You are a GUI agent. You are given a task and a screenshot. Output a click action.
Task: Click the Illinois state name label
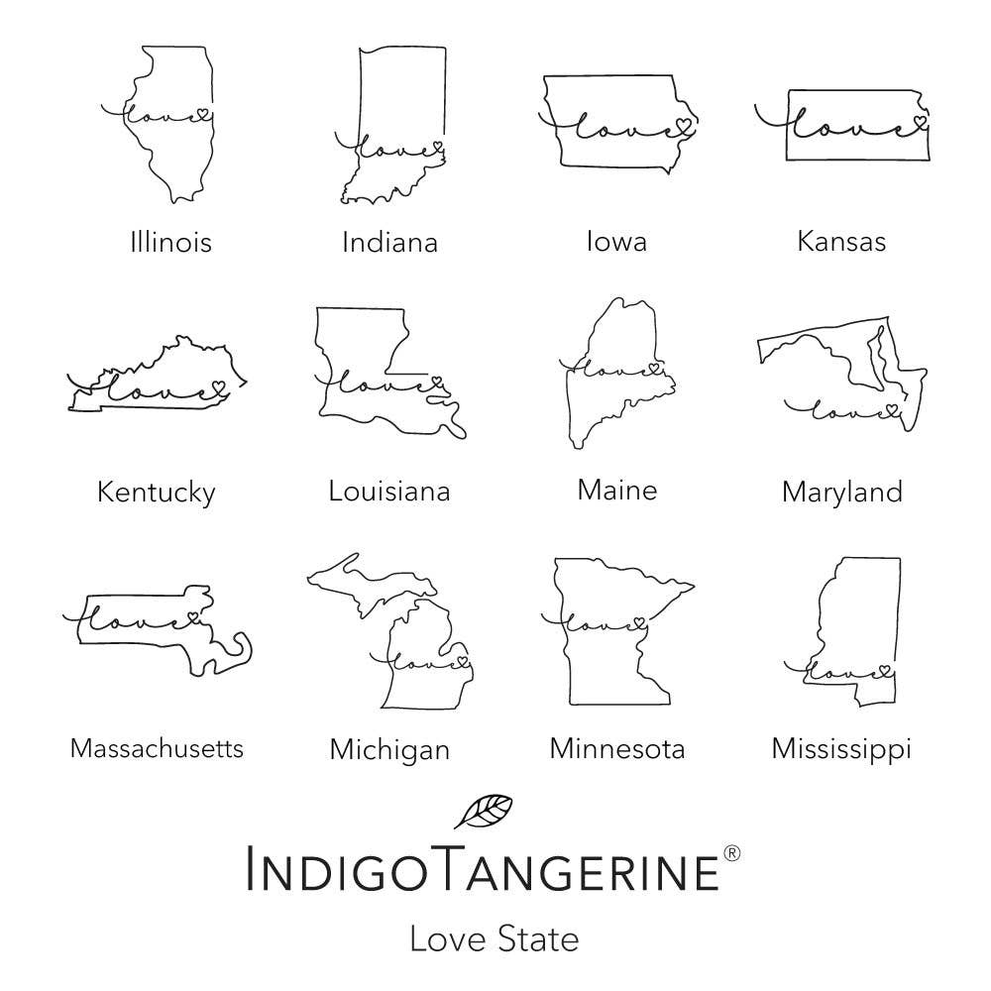click(170, 241)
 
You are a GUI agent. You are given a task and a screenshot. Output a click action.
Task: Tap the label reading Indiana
click(389, 242)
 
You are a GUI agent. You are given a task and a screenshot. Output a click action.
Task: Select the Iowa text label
click(615, 241)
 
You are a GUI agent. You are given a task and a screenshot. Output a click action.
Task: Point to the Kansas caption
click(841, 241)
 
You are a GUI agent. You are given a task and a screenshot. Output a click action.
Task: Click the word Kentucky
click(156, 492)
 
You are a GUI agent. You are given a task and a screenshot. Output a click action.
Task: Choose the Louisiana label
click(389, 491)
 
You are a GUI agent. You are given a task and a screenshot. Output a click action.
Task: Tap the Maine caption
click(616, 490)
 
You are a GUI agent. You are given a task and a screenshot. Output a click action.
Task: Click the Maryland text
click(841, 492)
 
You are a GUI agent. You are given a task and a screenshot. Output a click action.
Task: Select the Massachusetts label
click(157, 748)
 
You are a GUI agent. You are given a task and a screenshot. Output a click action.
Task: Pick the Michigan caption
click(389, 749)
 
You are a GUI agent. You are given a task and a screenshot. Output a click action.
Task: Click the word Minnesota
click(616, 748)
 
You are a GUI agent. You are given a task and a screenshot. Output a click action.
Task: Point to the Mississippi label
click(841, 749)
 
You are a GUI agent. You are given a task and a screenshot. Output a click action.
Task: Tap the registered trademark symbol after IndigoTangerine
click(731, 852)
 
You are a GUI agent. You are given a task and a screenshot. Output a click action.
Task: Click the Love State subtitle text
click(494, 937)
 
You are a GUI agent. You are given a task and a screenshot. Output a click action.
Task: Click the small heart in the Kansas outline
click(919, 122)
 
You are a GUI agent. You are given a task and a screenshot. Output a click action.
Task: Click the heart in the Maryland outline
click(890, 407)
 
